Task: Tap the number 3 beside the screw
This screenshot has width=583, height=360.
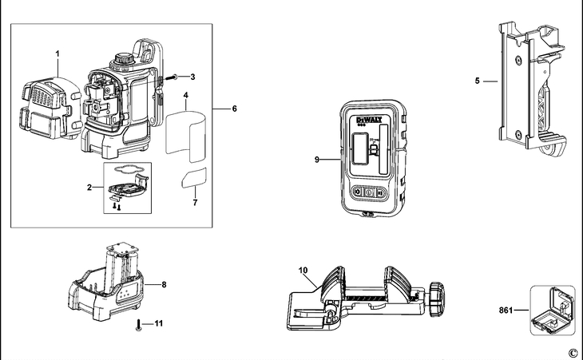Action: (x=192, y=77)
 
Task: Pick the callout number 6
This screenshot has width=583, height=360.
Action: (x=234, y=109)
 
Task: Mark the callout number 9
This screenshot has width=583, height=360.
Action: (x=317, y=160)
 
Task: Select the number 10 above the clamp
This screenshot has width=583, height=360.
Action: (x=304, y=270)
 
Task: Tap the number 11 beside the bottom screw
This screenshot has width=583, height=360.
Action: (x=158, y=324)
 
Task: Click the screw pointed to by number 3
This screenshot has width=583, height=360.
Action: (x=174, y=77)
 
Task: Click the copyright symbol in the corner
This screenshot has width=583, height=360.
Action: (x=572, y=353)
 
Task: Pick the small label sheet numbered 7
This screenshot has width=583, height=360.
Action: (x=194, y=180)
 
